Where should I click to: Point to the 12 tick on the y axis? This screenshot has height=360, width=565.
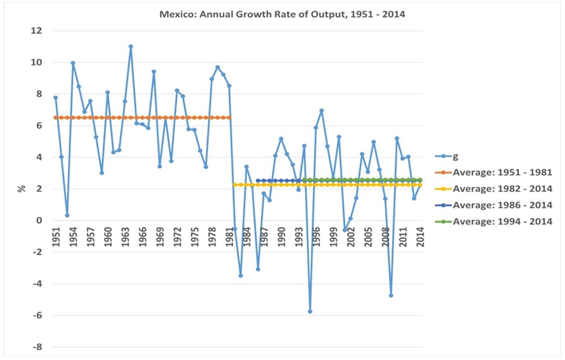[x=36, y=31]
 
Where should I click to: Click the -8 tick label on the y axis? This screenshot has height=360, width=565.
[x=36, y=347]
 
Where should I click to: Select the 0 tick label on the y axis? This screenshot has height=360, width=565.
[x=39, y=220]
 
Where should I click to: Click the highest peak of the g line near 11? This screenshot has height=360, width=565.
[x=131, y=46]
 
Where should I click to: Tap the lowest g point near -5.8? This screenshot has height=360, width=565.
[x=310, y=312]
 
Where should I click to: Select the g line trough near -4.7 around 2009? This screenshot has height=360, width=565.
[x=391, y=295]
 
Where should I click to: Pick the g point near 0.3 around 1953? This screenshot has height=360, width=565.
[x=67, y=216]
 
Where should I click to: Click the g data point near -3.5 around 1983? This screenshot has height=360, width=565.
[x=241, y=276]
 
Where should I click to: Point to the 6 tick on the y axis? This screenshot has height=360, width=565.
[x=39, y=125]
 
